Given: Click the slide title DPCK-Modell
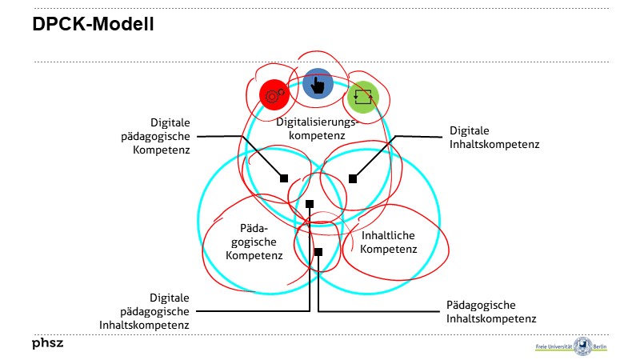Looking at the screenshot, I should point(93,25).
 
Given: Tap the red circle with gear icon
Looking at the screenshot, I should point(274,94).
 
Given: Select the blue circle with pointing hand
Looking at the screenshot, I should point(318,82).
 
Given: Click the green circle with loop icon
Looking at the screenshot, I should point(363,96).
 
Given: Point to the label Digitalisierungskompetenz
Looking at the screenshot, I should point(317,129).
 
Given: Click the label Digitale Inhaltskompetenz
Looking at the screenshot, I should point(494,138).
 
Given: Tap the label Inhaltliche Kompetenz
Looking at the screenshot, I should point(389,243).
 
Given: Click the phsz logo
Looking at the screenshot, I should point(47,343).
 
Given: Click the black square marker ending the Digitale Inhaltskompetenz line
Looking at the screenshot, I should point(353,178).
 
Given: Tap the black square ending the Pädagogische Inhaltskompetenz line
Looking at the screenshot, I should point(318,252).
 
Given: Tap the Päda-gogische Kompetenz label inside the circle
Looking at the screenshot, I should point(254,242).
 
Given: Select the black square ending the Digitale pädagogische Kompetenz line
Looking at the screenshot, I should point(283,178).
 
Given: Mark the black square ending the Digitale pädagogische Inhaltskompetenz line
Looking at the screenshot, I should point(309,203).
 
